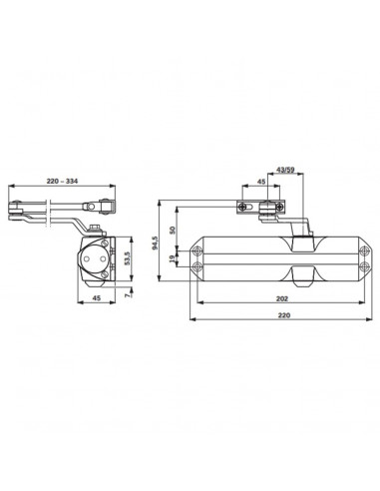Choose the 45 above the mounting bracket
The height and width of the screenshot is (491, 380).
[x=259, y=184]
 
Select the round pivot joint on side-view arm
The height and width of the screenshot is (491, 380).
[x=100, y=207]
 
